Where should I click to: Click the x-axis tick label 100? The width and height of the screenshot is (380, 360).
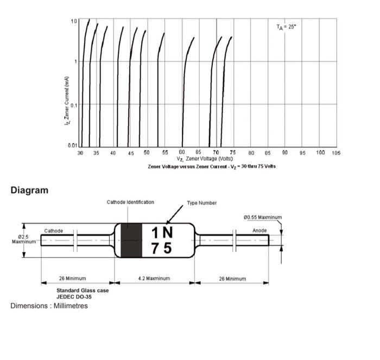pos(321,153)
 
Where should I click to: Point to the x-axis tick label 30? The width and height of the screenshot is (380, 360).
pos(80,153)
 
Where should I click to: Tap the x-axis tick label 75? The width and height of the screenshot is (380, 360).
pos(233,153)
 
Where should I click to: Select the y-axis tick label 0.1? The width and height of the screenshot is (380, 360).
pos(73,104)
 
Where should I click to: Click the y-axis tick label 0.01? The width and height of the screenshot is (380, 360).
pos(72,146)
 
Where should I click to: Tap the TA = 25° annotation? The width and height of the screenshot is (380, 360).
pos(286,27)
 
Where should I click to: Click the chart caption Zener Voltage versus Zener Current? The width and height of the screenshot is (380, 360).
pos(212,166)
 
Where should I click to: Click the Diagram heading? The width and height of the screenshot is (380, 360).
pos(29,191)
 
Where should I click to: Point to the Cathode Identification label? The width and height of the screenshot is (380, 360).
pos(130,203)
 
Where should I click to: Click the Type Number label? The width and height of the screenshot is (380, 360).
pos(202,203)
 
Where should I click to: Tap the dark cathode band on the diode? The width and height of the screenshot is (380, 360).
pos(131,240)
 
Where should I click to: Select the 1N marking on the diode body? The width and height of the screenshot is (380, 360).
pos(162,232)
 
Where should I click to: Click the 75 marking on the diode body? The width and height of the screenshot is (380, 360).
pos(161,248)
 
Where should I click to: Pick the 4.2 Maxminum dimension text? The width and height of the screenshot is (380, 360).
pos(154,279)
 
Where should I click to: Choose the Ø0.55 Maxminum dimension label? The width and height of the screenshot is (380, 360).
pos(263,218)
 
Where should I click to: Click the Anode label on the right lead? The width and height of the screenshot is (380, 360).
pos(259,231)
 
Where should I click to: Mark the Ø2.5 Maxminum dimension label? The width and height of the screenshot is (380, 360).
pos(23,239)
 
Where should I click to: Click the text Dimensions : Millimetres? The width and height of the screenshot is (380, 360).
pos(49,306)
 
